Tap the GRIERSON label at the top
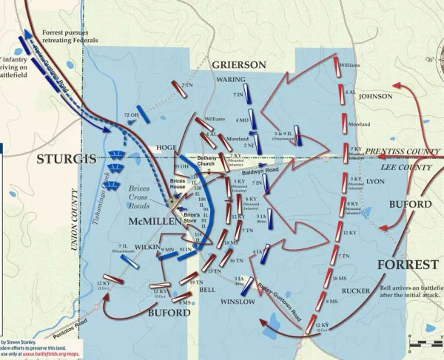238,65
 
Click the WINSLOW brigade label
238,302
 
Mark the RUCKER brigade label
356,291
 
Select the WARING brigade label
232,79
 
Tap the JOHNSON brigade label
375,96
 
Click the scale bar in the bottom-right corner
423,344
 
